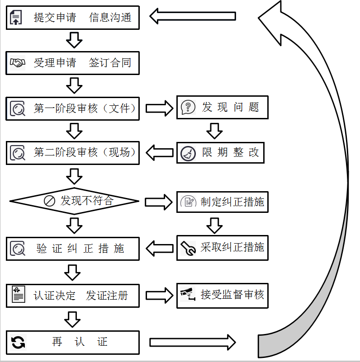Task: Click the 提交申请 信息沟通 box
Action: tap(72, 18)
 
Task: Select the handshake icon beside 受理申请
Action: tap(18, 63)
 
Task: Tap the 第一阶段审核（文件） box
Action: tap(72, 108)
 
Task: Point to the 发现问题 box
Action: tap(222, 108)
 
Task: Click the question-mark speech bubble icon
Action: tap(188, 108)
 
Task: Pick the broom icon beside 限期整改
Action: tap(188, 154)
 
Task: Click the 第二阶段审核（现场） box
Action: tap(72, 152)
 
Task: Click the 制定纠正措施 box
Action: tap(222, 202)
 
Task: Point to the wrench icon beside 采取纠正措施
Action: tap(188, 248)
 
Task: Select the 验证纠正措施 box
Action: tap(72, 249)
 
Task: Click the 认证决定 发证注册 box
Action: tap(72, 296)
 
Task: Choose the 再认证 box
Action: tap(72, 342)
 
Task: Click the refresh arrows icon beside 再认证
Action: tap(18, 342)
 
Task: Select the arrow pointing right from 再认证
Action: tap(192, 342)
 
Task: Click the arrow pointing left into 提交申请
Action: tap(192, 17)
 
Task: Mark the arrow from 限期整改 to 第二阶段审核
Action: tap(161, 152)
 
